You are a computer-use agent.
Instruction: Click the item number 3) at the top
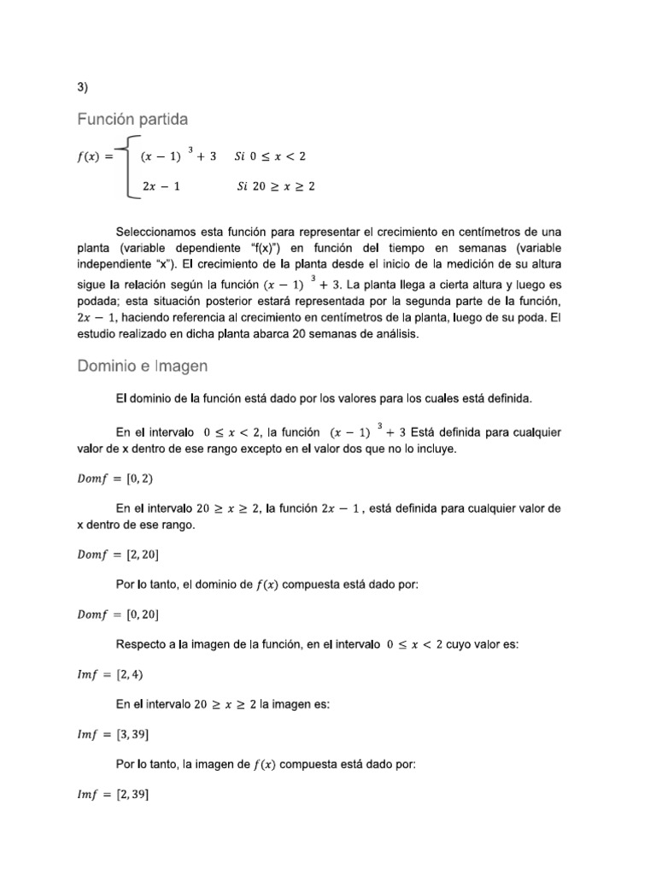(82, 86)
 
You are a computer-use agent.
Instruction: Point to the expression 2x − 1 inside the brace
(161, 185)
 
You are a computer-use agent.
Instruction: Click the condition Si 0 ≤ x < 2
(275, 156)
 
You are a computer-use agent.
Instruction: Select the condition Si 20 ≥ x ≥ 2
(275, 185)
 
